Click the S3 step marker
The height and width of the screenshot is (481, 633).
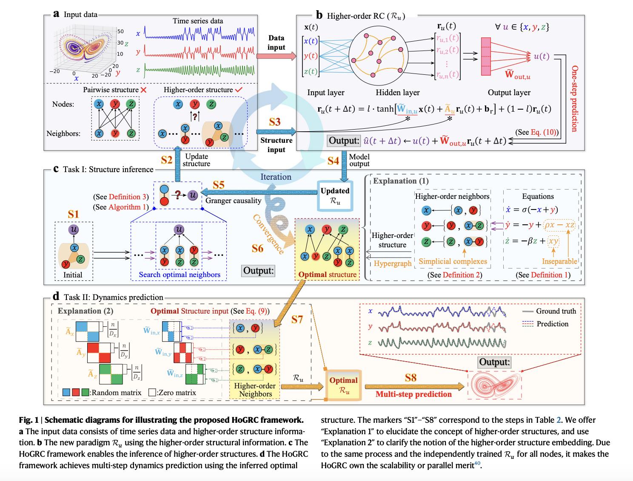[275, 122]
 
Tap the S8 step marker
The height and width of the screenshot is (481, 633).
[411, 377]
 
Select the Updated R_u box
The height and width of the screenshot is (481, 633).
[335, 196]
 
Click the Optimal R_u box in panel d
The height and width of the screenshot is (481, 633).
[343, 385]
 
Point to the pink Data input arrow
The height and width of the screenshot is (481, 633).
[276, 56]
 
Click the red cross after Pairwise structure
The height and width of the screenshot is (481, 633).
[144, 90]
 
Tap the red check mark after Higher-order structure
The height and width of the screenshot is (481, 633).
[238, 90]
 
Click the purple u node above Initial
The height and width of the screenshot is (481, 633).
[74, 229]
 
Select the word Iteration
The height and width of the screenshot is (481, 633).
[276, 177]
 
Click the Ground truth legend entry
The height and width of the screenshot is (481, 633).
[556, 311]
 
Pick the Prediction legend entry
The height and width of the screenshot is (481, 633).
[552, 324]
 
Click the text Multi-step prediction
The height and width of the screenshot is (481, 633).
[413, 394]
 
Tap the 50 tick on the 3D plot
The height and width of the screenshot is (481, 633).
[120, 31]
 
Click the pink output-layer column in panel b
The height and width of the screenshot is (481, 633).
[486, 57]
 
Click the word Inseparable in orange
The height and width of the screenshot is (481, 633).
[559, 261]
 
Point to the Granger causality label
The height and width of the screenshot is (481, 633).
[233, 201]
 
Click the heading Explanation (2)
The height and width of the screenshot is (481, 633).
[86, 311]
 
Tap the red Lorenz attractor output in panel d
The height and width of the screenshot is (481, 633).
[495, 385]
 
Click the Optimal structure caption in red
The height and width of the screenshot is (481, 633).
[327, 274]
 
